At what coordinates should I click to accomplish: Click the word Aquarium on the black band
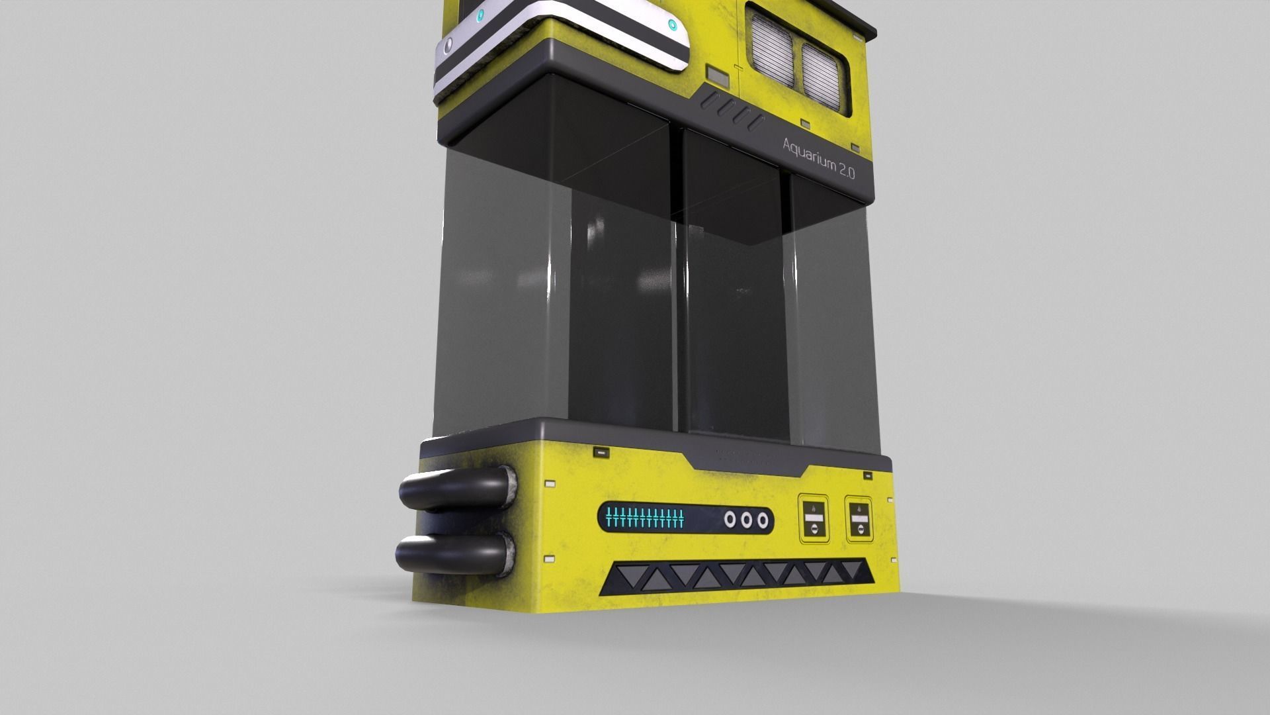pos(809,154)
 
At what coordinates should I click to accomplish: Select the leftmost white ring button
pos(730,520)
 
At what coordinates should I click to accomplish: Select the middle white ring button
pos(746,520)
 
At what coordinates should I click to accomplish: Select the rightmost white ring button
pos(763,520)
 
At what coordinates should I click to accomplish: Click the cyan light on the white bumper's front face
pos(673,26)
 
